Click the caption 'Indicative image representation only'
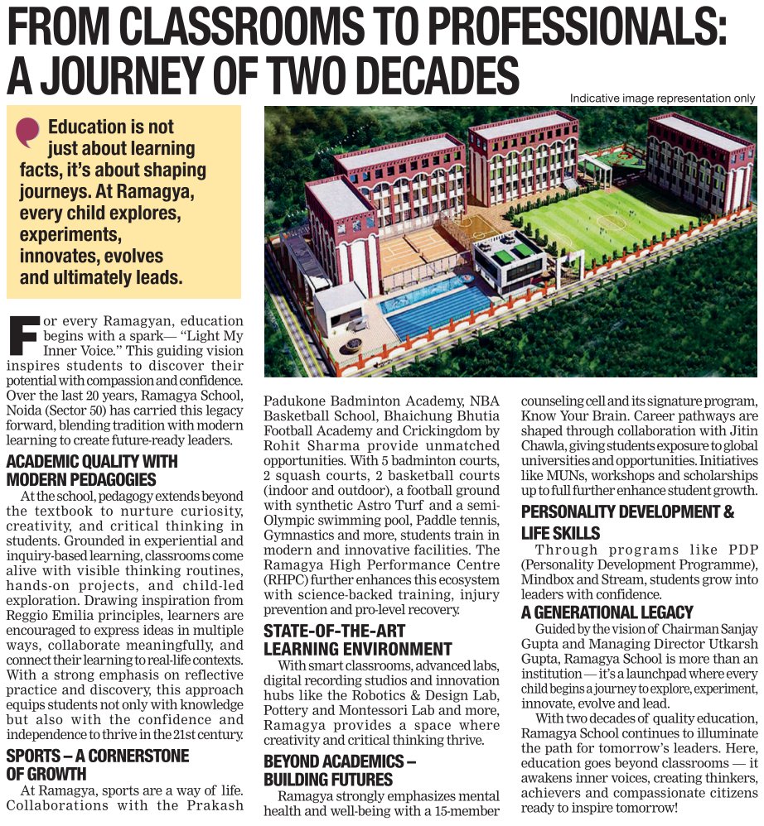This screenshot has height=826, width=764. pyautogui.click(x=662, y=98)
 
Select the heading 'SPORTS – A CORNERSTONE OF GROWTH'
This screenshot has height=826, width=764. pyautogui.click(x=98, y=764)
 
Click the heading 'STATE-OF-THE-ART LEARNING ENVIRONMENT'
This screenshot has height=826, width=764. pyautogui.click(x=358, y=640)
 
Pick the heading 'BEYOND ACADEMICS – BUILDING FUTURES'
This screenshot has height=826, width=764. pyautogui.click(x=340, y=771)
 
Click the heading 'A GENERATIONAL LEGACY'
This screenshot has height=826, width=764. pyautogui.click(x=607, y=612)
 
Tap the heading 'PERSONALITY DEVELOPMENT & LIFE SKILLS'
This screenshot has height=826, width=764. pyautogui.click(x=627, y=522)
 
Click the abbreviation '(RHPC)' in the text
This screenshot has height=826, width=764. pyautogui.click(x=286, y=580)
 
